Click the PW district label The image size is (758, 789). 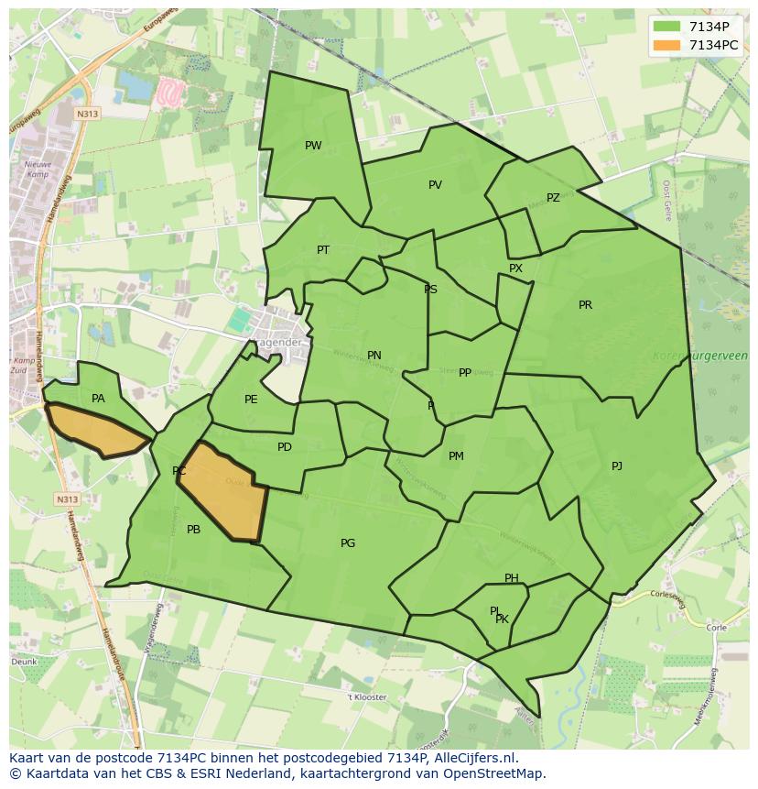pos(313,146)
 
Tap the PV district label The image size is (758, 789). pos(435,185)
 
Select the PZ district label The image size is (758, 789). pos(553,198)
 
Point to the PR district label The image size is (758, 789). pos(585,305)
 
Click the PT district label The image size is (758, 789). pos(323,250)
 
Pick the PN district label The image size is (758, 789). pos(374,356)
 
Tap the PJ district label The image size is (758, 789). pos(617,466)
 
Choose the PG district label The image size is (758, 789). pos(348,543)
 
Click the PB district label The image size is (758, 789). pos(193,530)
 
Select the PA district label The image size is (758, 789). pos(98,399)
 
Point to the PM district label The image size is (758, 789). pos(456,456)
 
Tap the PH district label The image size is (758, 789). pos(512,578)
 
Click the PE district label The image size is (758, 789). pos(251,400)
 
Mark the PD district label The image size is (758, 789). pos(285,447)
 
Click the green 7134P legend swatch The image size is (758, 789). pos(667,27)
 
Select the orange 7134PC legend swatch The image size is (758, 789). pos(667,45)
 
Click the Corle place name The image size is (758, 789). pos(716,628)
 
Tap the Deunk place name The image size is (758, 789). pos(25,661)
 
